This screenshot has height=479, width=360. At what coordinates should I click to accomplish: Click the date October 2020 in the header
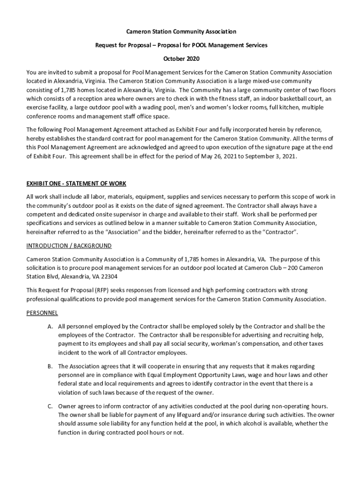click(180, 59)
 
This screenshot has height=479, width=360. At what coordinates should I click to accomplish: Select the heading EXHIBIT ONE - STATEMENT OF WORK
click(76, 183)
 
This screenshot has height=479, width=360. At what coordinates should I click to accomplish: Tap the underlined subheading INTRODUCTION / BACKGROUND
click(69, 246)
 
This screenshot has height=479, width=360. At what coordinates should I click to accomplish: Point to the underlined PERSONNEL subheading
click(42, 312)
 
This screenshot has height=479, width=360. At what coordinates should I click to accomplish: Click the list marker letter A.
click(50, 326)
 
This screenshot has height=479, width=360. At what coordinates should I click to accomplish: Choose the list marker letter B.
click(50, 366)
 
